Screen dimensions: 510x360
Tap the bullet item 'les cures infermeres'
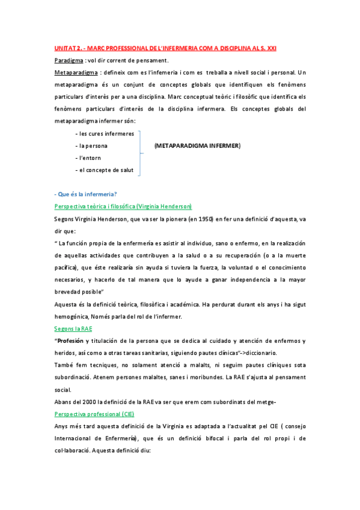(x=105, y=134)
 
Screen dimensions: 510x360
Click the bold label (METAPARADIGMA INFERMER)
(x=197, y=146)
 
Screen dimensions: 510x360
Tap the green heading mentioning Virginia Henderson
(x=123, y=206)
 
